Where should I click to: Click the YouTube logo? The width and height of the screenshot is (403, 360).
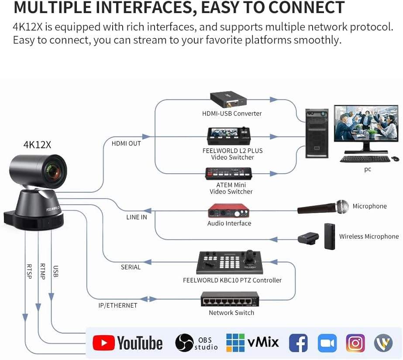pos(127,343)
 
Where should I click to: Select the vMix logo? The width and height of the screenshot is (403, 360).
pos(252,343)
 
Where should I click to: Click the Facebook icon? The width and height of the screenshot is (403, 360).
pos(298,343)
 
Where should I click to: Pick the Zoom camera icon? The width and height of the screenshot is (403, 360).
pos(327,343)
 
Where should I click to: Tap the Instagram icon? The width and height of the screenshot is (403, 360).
pos(355,343)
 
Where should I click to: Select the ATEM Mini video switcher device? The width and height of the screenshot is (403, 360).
pos(229,174)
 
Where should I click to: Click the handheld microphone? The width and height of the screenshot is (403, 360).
pos(323,207)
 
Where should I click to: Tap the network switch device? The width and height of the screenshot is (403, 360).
pos(230,299)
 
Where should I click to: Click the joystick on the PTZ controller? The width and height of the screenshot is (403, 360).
pos(250,257)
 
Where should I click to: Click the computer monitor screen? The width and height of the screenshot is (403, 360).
pos(360,123)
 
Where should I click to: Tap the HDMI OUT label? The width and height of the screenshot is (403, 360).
pos(126,143)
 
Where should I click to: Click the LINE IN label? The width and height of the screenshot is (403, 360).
pos(136,217)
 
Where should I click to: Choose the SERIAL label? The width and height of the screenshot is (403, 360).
pos(131,267)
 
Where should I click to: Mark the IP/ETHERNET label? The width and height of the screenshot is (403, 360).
pos(117,305)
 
